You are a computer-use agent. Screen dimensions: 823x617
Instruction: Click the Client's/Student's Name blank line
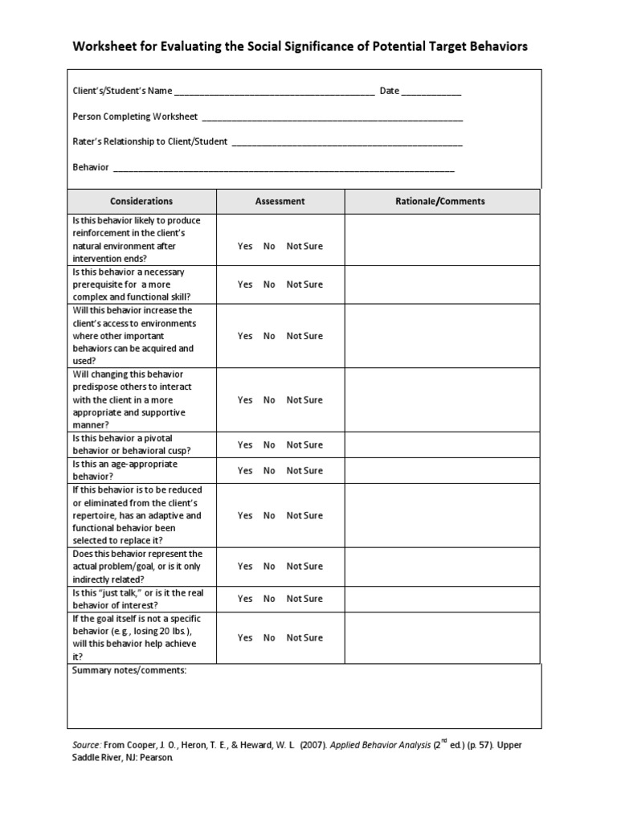click(x=274, y=93)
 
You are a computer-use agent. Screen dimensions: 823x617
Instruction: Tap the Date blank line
click(x=431, y=93)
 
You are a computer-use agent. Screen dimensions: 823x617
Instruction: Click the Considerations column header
click(x=141, y=202)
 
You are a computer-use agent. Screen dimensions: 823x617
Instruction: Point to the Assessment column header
click(x=280, y=202)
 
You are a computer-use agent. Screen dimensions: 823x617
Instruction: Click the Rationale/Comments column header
click(x=442, y=202)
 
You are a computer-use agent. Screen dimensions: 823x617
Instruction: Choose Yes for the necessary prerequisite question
click(x=245, y=285)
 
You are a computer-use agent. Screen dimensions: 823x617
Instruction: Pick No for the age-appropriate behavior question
click(x=269, y=471)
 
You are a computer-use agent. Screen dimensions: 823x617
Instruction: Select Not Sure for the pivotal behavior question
click(x=304, y=445)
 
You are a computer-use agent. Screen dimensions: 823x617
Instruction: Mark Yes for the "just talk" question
click(x=245, y=599)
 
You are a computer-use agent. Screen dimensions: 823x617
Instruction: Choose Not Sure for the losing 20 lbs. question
click(x=304, y=638)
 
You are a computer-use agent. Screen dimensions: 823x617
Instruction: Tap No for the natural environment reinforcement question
click(x=269, y=247)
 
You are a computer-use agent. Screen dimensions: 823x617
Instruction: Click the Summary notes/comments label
click(x=129, y=670)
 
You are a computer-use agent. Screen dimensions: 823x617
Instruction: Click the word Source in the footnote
click(x=87, y=745)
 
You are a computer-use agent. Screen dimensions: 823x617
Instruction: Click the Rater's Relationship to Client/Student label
click(x=150, y=142)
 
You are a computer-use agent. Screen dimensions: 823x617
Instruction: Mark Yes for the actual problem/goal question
click(x=245, y=567)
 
